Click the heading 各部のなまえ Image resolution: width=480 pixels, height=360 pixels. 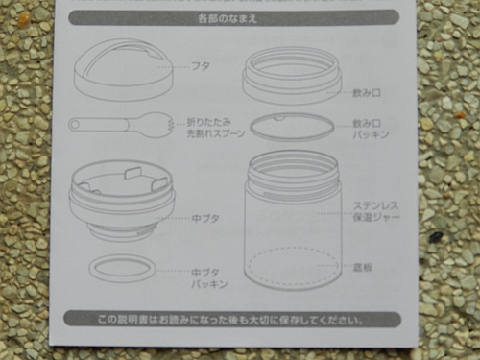(x=228, y=18)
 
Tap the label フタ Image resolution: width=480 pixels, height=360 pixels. (x=201, y=66)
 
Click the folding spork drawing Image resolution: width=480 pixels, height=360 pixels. (x=120, y=125)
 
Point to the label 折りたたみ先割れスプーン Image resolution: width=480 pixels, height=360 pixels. (x=216, y=128)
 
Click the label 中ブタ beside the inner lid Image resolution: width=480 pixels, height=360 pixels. (x=205, y=219)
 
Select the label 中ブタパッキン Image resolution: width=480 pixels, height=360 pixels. (x=209, y=278)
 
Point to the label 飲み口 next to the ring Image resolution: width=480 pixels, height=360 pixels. (x=367, y=93)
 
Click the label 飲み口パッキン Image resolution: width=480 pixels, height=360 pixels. (x=371, y=129)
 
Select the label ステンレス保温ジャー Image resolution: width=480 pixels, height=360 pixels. (x=376, y=211)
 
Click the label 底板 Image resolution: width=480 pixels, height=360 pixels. (x=363, y=267)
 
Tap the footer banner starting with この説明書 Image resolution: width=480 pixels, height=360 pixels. (x=231, y=320)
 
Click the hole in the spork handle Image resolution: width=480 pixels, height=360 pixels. (x=76, y=124)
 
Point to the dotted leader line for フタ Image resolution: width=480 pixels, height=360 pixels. (x=174, y=67)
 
